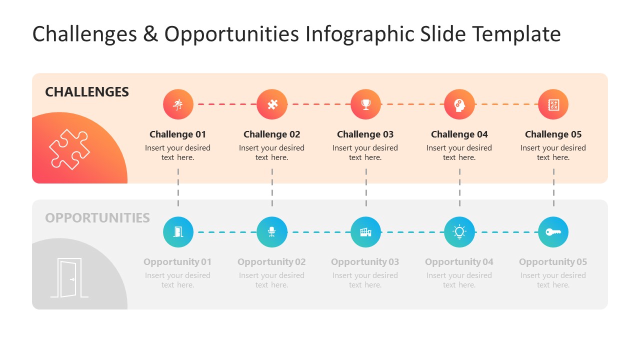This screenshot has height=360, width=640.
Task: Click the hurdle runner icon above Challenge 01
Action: point(178,104)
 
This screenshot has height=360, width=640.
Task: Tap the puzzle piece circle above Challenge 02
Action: point(272,104)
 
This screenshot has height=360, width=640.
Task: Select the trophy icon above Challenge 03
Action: point(365,104)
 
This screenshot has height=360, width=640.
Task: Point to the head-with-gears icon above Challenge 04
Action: point(459,104)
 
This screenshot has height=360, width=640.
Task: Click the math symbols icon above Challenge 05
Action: point(553,104)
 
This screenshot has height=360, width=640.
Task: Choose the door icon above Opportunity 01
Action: point(178,232)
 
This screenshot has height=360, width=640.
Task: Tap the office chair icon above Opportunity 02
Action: point(272,232)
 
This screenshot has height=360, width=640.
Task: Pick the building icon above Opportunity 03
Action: point(365,232)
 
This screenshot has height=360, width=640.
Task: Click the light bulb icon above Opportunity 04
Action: point(459,232)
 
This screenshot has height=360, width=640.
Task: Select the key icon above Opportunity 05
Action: point(553,232)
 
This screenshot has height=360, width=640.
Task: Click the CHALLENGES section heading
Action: point(87,92)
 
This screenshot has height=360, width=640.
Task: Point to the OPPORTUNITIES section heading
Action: point(97,218)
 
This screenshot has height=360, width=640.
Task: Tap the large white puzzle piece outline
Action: point(69,149)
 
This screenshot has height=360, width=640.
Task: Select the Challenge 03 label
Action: point(365,134)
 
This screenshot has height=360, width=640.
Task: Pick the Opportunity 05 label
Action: point(553,262)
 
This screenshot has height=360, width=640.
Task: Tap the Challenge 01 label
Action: point(178,134)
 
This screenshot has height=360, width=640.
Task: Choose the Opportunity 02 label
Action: point(271,262)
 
